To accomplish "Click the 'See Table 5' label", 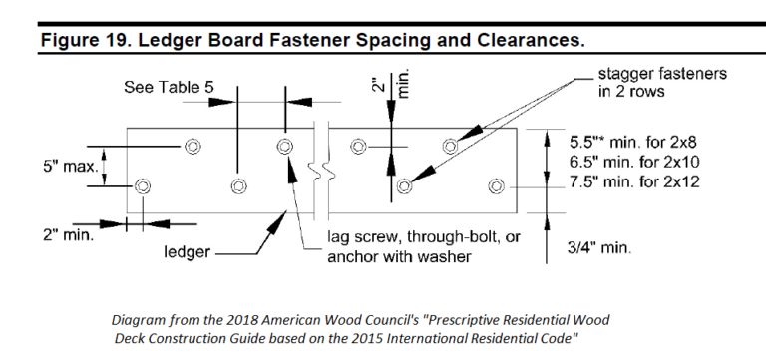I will click(169, 88).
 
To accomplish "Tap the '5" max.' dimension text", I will click(70, 167).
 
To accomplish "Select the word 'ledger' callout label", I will click(187, 252).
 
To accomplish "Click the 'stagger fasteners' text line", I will click(662, 74).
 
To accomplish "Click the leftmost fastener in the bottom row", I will click(143, 185).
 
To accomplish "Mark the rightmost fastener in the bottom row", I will click(496, 185).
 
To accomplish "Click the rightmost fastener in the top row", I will click(450, 147).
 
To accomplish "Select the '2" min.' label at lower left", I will click(68, 235).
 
